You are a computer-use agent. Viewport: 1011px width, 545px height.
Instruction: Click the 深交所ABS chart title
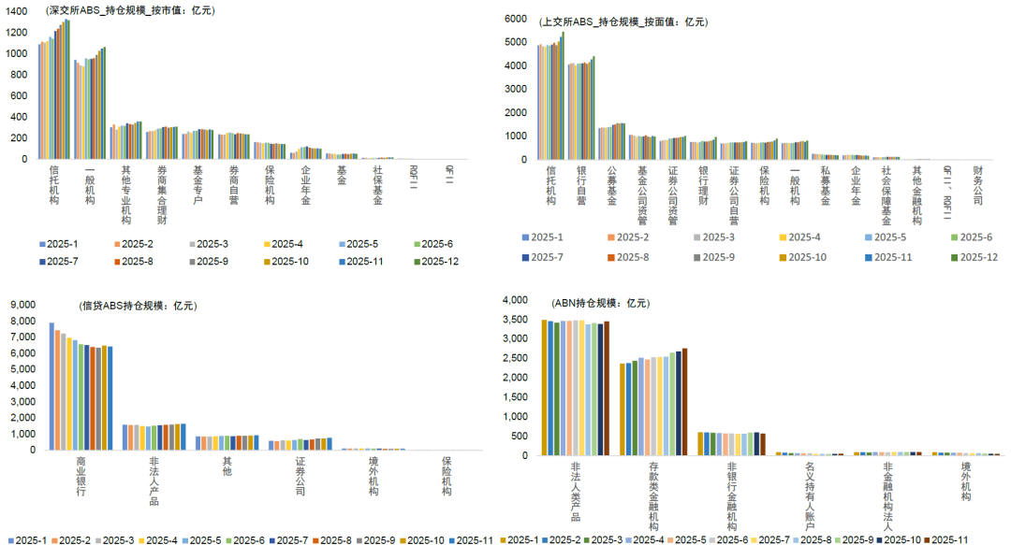click(x=130, y=10)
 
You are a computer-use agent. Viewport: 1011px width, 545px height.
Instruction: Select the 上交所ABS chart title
click(x=624, y=21)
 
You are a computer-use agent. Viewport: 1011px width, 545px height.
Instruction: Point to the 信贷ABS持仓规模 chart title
click(x=139, y=306)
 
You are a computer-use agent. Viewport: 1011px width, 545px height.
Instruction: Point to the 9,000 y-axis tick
click(x=22, y=304)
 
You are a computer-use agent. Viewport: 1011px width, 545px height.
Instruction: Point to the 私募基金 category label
click(x=825, y=184)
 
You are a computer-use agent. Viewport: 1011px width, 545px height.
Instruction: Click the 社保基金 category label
click(x=378, y=184)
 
